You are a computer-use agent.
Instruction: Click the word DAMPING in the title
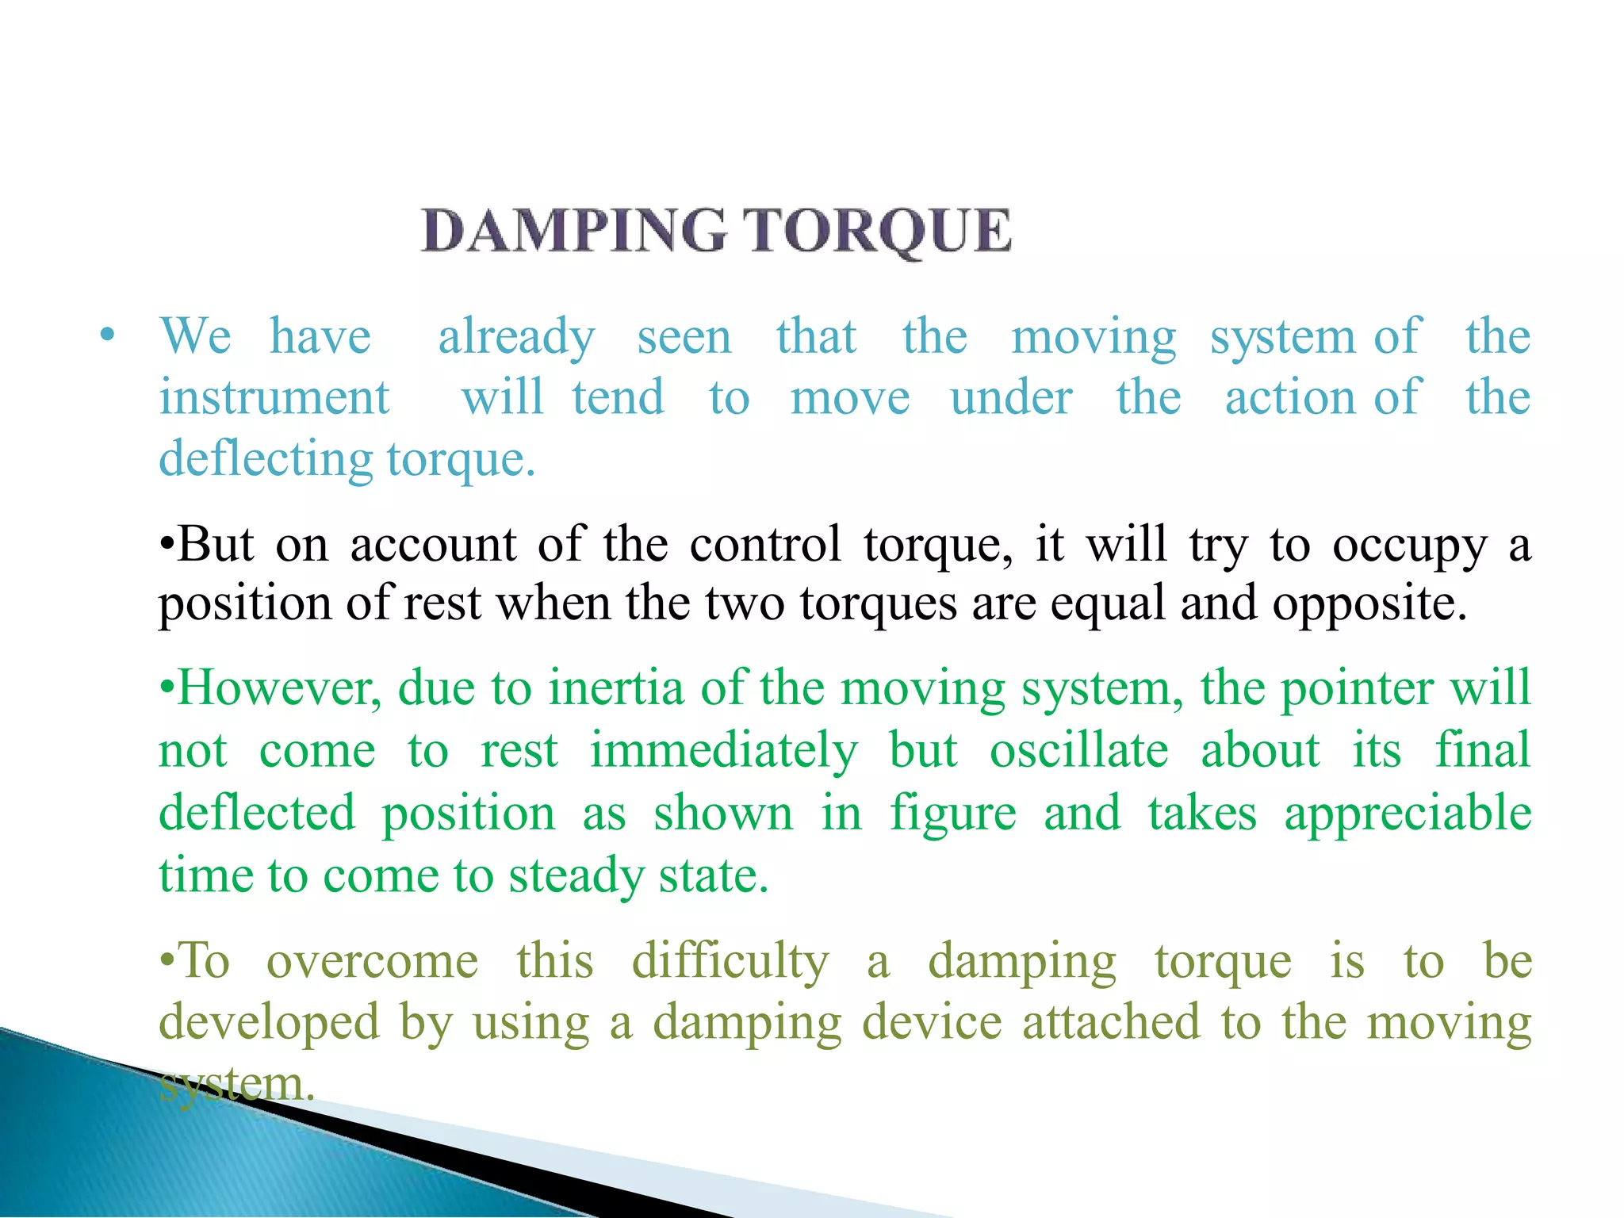(573, 231)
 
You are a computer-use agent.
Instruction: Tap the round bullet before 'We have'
(108, 335)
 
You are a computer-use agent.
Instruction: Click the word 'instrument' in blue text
(274, 397)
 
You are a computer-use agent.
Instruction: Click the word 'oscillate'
(1078, 750)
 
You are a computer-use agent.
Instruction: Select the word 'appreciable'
(1408, 814)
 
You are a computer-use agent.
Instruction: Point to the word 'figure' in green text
(952, 814)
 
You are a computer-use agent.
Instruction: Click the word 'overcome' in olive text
(372, 962)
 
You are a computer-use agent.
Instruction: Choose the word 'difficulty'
(730, 962)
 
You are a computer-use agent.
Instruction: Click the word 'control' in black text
(764, 545)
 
